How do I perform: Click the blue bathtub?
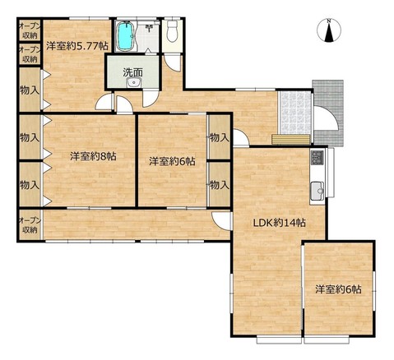pos(126,35)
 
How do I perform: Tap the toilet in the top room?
pos(172,30)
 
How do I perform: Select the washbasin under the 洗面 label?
pos(134,82)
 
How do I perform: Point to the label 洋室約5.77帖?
pos(76,46)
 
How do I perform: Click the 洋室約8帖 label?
pos(93,156)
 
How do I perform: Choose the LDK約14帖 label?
pos(279,223)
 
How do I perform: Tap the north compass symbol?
pos(329,30)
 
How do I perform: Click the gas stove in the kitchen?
pos(317,157)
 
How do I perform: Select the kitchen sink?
pos(318,191)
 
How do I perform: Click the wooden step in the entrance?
pos(291,139)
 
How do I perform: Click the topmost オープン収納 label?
pos(30,30)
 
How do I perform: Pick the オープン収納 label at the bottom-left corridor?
pos(30,225)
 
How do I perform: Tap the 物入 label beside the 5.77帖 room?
pos(30,90)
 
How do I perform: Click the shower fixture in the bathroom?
pos(150,27)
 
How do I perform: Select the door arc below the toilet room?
pos(172,62)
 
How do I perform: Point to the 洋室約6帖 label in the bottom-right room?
pos(338,289)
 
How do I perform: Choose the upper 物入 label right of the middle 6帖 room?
pos(220,137)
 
